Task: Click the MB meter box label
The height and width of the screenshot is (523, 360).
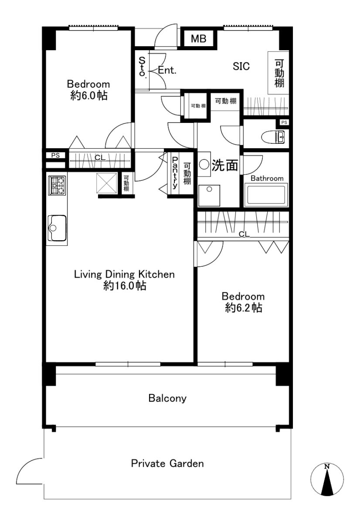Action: [x=198, y=38]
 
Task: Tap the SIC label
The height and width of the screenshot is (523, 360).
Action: [x=241, y=66]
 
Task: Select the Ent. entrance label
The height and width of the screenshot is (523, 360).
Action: [x=167, y=70]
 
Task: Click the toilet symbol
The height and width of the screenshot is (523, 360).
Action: [x=273, y=136]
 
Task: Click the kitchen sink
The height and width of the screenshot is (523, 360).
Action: [x=57, y=228]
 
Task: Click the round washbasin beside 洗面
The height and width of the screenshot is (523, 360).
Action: [x=204, y=164]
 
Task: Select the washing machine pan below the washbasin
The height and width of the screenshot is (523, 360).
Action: [x=209, y=195]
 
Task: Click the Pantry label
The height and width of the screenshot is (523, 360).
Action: [x=175, y=173]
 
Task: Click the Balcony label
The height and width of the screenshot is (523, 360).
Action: [x=167, y=398]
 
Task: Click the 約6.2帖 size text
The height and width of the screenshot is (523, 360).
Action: [x=243, y=308]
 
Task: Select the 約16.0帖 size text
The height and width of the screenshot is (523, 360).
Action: [x=125, y=285]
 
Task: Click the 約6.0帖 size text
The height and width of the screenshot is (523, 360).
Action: [x=89, y=95]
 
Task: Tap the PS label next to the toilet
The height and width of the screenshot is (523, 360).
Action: [x=284, y=122]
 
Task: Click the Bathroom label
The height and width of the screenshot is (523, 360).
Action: [x=267, y=178]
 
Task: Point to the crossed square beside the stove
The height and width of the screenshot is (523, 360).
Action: [x=106, y=183]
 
